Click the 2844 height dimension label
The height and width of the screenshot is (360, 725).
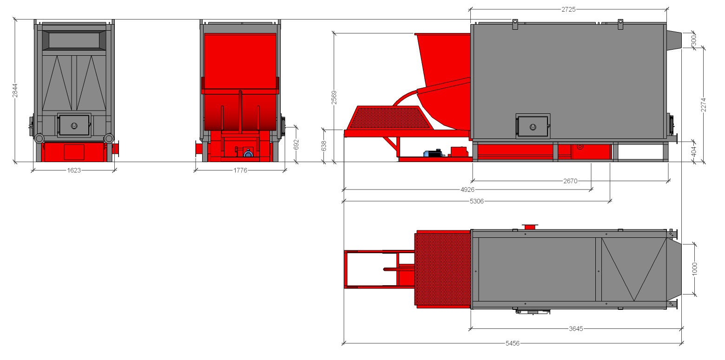(15, 90)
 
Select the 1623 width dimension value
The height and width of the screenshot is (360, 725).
(74, 170)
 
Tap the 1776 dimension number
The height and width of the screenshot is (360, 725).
(240, 170)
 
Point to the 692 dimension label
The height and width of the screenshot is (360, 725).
(296, 144)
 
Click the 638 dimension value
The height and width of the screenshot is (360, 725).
(323, 146)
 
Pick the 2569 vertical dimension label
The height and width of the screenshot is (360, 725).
(334, 98)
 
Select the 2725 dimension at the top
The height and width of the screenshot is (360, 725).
(568, 9)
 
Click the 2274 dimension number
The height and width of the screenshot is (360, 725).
(703, 105)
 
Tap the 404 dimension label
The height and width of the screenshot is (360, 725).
(693, 151)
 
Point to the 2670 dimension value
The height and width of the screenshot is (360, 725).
(570, 181)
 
